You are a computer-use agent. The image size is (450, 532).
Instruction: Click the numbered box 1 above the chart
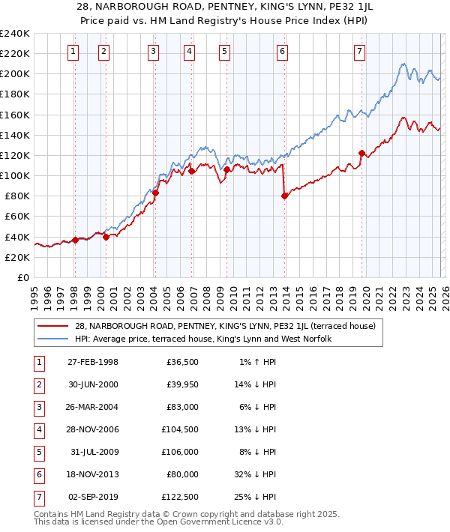(x=73, y=52)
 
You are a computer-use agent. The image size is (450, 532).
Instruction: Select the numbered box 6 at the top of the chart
(x=282, y=52)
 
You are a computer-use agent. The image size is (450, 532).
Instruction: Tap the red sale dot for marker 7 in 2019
(x=361, y=153)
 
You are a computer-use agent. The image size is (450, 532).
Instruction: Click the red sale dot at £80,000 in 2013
(x=284, y=196)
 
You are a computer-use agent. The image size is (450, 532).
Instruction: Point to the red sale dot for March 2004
(x=156, y=193)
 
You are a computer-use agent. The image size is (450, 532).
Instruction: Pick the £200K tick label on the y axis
(x=15, y=74)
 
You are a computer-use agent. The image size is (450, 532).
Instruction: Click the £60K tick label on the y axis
(x=17, y=216)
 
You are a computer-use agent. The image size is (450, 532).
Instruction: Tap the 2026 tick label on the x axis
(x=444, y=293)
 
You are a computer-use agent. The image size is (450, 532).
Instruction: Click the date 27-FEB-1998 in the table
(x=92, y=362)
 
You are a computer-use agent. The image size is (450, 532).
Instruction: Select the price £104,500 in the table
(x=182, y=429)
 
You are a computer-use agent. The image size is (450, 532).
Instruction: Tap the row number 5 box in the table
(x=39, y=452)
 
